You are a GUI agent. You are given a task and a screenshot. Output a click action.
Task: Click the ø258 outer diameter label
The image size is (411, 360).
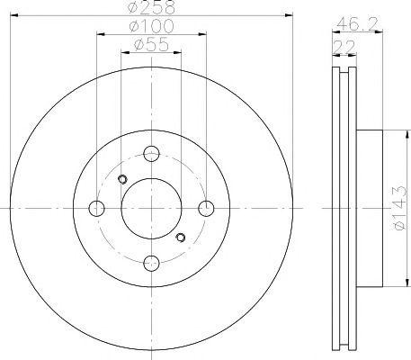click(x=151, y=7)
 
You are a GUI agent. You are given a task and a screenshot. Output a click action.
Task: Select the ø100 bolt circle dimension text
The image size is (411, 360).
click(x=151, y=26)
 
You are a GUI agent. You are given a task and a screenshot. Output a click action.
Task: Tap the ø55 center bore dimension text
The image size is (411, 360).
click(x=151, y=45)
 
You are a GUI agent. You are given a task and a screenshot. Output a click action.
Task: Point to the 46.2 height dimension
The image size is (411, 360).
click(x=357, y=24)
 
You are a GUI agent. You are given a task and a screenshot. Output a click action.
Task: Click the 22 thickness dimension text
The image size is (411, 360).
click(x=344, y=48)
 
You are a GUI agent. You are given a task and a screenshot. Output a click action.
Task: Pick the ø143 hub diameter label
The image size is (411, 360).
click(x=400, y=208)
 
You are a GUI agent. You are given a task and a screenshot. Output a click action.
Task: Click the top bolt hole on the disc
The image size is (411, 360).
click(x=151, y=154)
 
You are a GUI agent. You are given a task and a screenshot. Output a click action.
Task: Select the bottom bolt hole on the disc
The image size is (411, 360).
click(x=151, y=263)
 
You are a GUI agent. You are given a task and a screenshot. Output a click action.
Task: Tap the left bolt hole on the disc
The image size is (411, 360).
click(x=96, y=208)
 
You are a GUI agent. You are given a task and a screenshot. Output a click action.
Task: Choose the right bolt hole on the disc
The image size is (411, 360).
click(x=206, y=208)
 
